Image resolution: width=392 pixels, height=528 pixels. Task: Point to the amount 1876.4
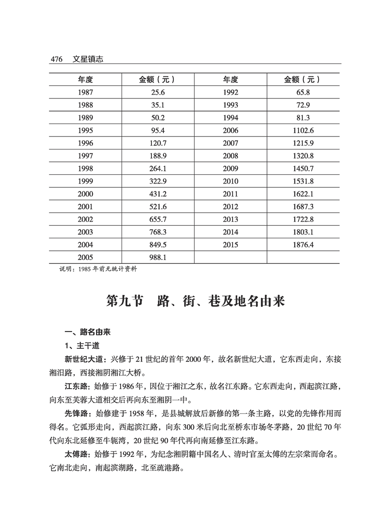(x=303, y=245)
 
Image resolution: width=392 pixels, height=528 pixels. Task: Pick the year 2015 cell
(x=231, y=245)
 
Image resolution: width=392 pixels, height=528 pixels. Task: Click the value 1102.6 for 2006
(x=303, y=130)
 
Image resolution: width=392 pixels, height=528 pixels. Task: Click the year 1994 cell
(x=231, y=118)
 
